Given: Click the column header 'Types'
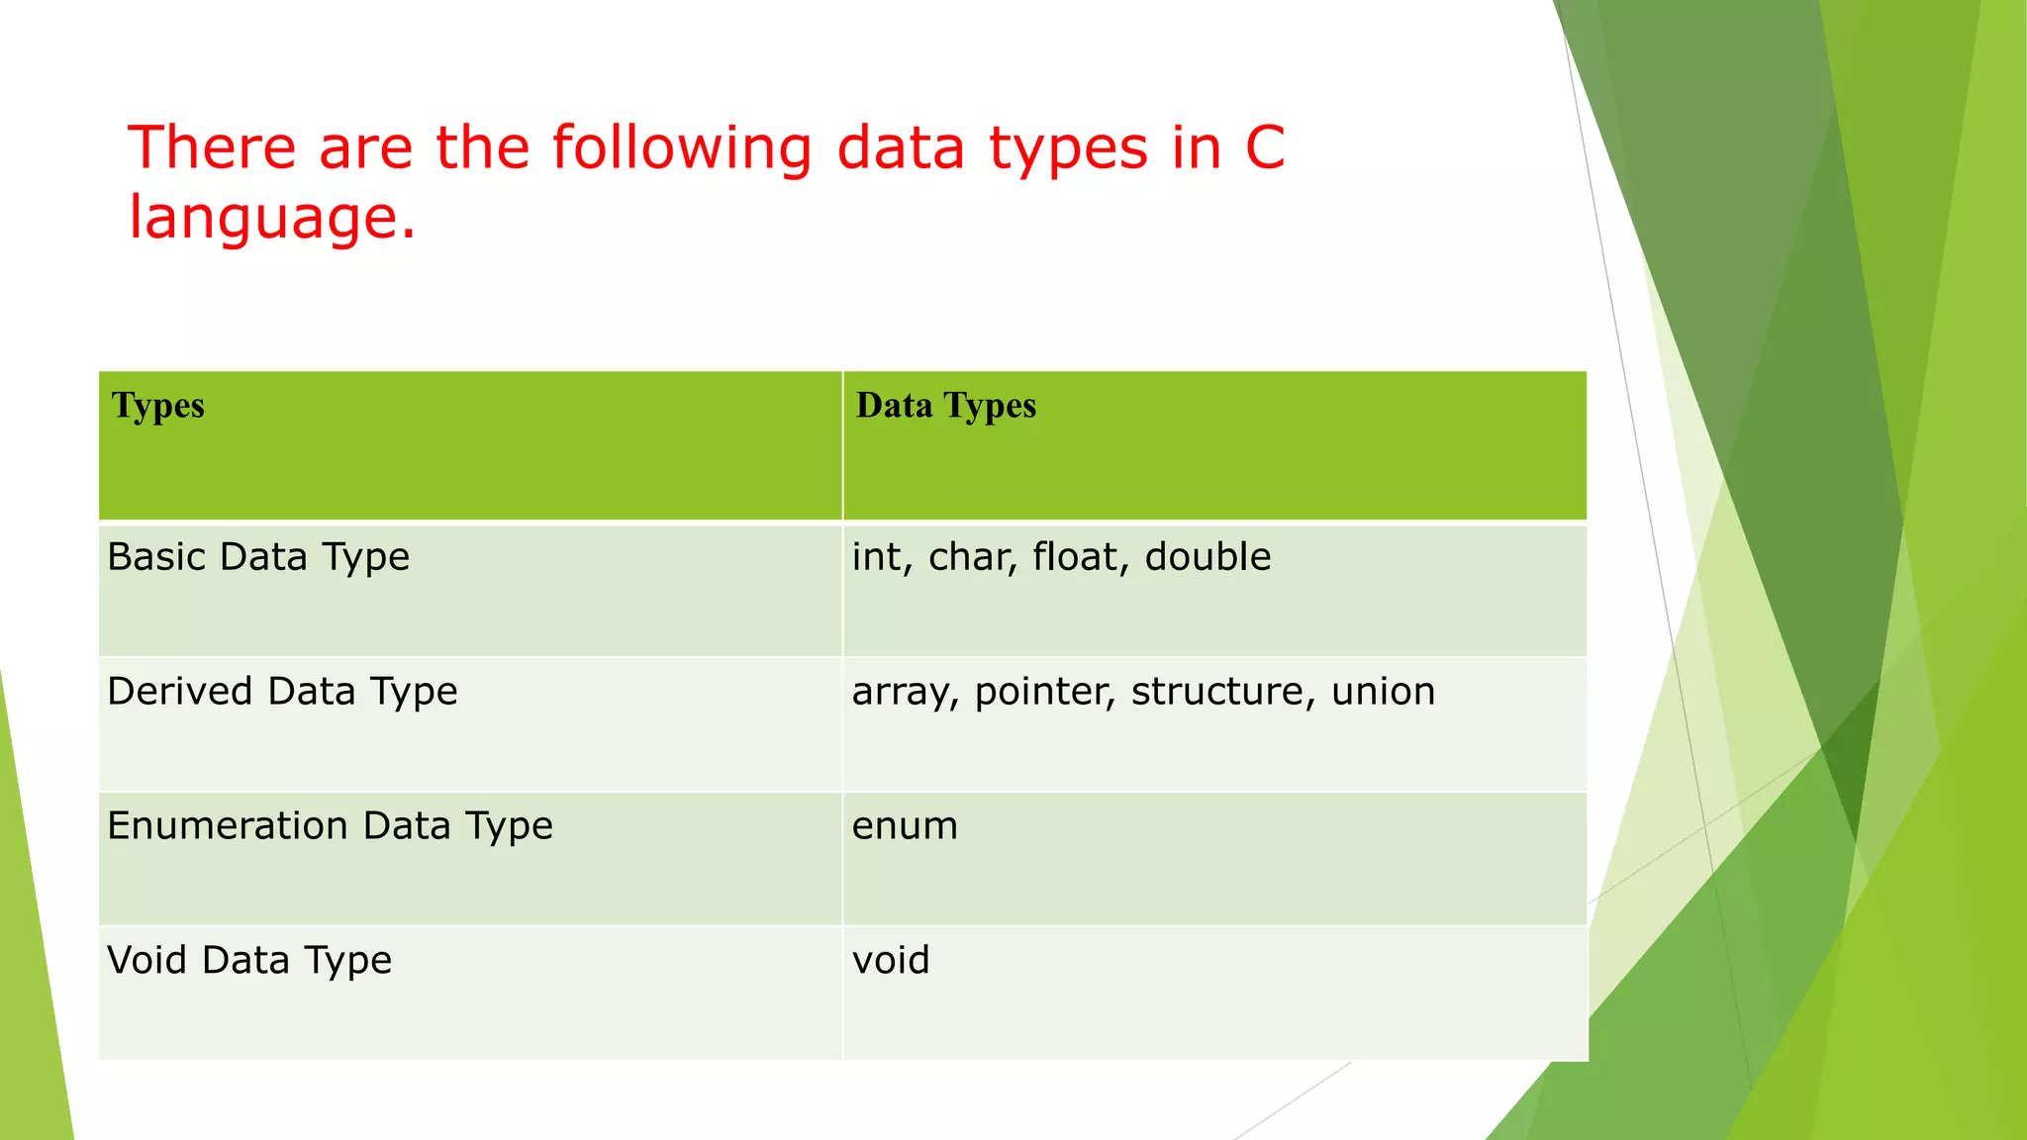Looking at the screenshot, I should click(158, 407).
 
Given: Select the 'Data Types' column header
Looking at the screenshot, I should click(945, 407).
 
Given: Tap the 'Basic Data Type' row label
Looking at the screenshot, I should click(258, 558).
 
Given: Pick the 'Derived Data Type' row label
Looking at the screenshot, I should click(282, 692).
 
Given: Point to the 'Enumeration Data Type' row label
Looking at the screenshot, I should click(330, 826).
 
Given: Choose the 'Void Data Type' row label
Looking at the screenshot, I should click(249, 961).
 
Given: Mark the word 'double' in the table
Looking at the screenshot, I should click(1207, 557).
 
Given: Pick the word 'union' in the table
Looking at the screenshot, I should click(1383, 692).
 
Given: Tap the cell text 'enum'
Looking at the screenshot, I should click(905, 826).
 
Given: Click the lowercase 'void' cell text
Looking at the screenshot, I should click(891, 961).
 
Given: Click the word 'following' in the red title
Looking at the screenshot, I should click(681, 148).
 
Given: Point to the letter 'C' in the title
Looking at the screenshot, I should click(1264, 148).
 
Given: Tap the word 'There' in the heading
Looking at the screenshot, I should click(212, 148).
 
